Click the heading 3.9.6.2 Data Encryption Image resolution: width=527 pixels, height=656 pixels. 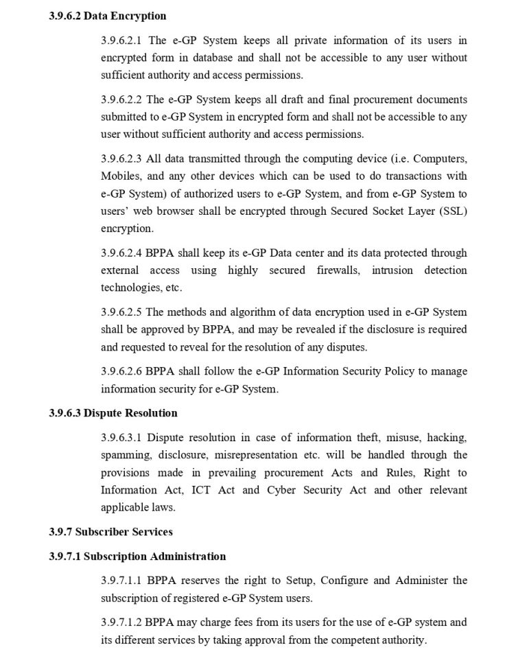pyautogui.click(x=107, y=16)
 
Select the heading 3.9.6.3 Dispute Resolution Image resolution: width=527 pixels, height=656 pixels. pyautogui.click(x=113, y=413)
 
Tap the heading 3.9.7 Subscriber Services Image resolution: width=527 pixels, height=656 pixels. pyautogui.click(x=110, y=532)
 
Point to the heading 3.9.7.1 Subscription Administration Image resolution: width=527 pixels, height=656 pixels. pyautogui.click(x=137, y=556)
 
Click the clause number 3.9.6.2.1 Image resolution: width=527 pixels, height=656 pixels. pyautogui.click(x=121, y=41)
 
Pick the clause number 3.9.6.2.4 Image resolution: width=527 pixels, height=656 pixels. pyautogui.click(x=121, y=253)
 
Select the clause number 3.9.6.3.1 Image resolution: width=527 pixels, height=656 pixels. pyautogui.click(x=121, y=437)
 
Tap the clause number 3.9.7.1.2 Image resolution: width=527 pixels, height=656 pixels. pyautogui.click(x=121, y=622)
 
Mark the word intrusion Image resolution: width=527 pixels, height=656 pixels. pyautogui.click(x=393, y=270)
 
